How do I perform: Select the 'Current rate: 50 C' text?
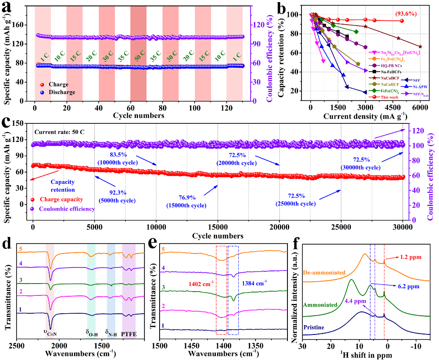(59, 132)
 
